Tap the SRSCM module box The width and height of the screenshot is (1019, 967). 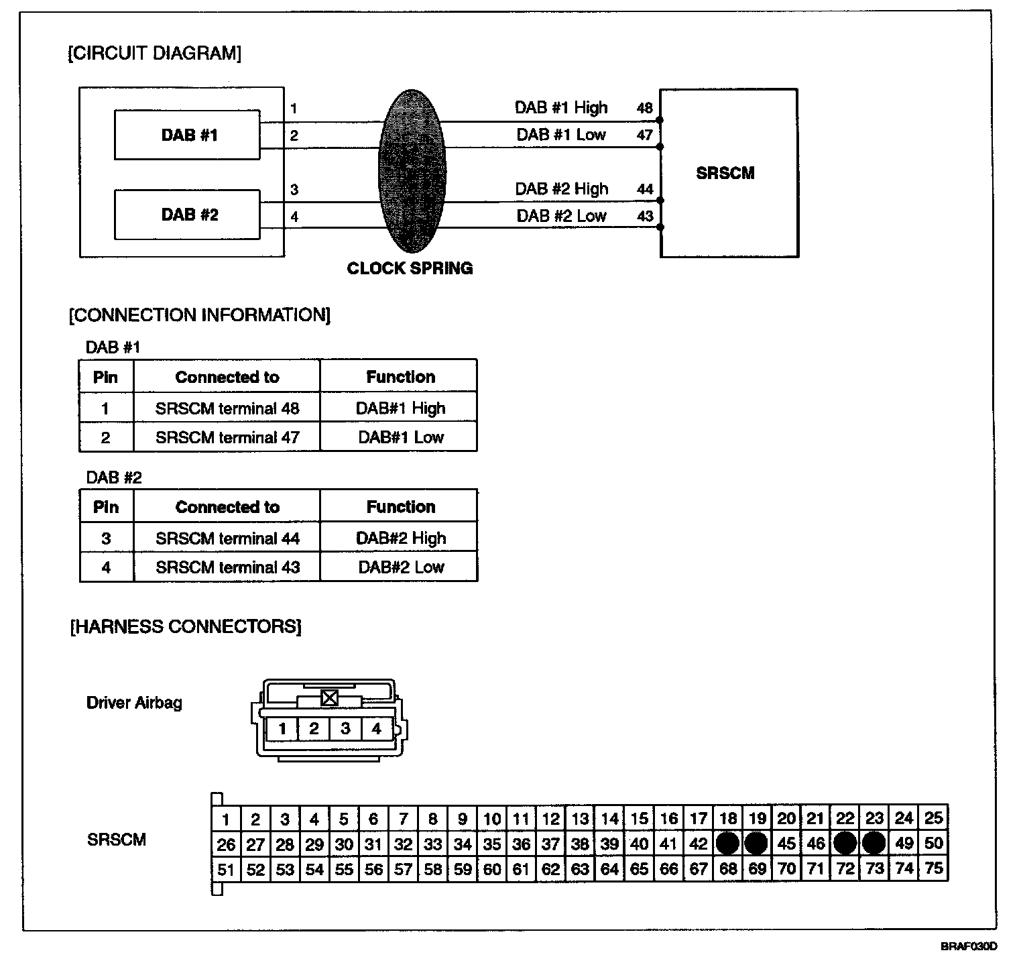coord(729,173)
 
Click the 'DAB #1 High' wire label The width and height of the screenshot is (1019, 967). coord(561,108)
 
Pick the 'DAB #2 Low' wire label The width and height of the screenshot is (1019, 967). coord(561,216)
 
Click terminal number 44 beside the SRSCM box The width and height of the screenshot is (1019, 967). coord(645,189)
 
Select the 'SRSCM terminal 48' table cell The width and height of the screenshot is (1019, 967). coord(227,408)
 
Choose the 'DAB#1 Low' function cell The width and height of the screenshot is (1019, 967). coord(400,437)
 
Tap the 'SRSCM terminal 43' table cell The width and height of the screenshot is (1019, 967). coord(227,567)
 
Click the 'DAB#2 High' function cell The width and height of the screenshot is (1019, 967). coord(400,538)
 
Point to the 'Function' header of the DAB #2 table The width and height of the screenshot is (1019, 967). coord(400,507)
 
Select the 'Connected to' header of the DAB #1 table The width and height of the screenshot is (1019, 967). coord(227,377)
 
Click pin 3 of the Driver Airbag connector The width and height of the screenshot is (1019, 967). coord(345,728)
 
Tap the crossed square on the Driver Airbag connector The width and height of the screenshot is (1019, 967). coord(329,697)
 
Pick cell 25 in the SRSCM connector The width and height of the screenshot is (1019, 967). coord(933,817)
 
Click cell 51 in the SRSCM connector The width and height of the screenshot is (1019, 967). coord(226,870)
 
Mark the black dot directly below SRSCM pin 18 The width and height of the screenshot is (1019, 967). coord(727,843)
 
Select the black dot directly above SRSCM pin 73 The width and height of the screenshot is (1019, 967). coord(874,843)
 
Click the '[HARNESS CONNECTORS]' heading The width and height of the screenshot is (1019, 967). coord(186,627)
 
